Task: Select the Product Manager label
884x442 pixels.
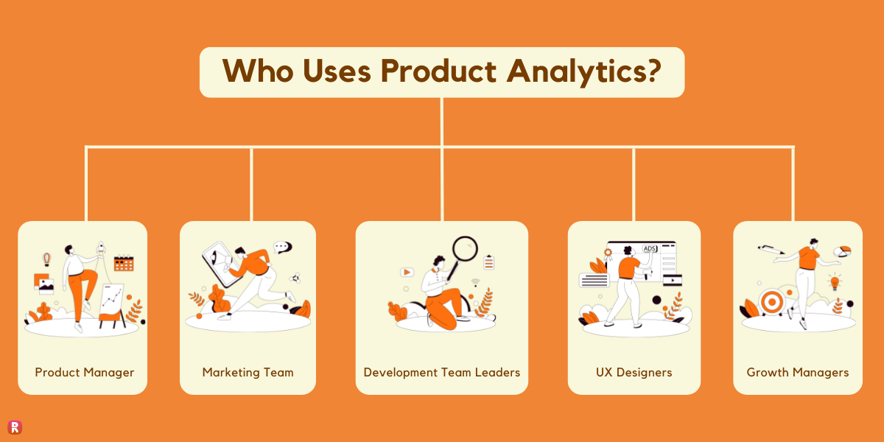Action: coord(85,372)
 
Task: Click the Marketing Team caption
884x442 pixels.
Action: coord(248,372)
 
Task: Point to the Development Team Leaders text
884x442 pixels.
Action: coord(442,372)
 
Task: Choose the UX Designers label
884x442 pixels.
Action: coord(634,372)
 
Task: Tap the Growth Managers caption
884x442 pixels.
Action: coord(798,372)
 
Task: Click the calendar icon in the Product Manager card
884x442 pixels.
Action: coord(124,263)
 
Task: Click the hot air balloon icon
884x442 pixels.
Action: coord(46,259)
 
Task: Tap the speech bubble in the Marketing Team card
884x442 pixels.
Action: coord(281,248)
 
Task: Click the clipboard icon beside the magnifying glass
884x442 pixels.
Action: coord(488,262)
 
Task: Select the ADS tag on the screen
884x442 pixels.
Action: coord(650,249)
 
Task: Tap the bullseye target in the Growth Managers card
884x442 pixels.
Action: coord(771,301)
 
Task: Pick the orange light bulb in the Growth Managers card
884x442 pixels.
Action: coord(835,281)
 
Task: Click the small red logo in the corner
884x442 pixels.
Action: coord(14,427)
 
